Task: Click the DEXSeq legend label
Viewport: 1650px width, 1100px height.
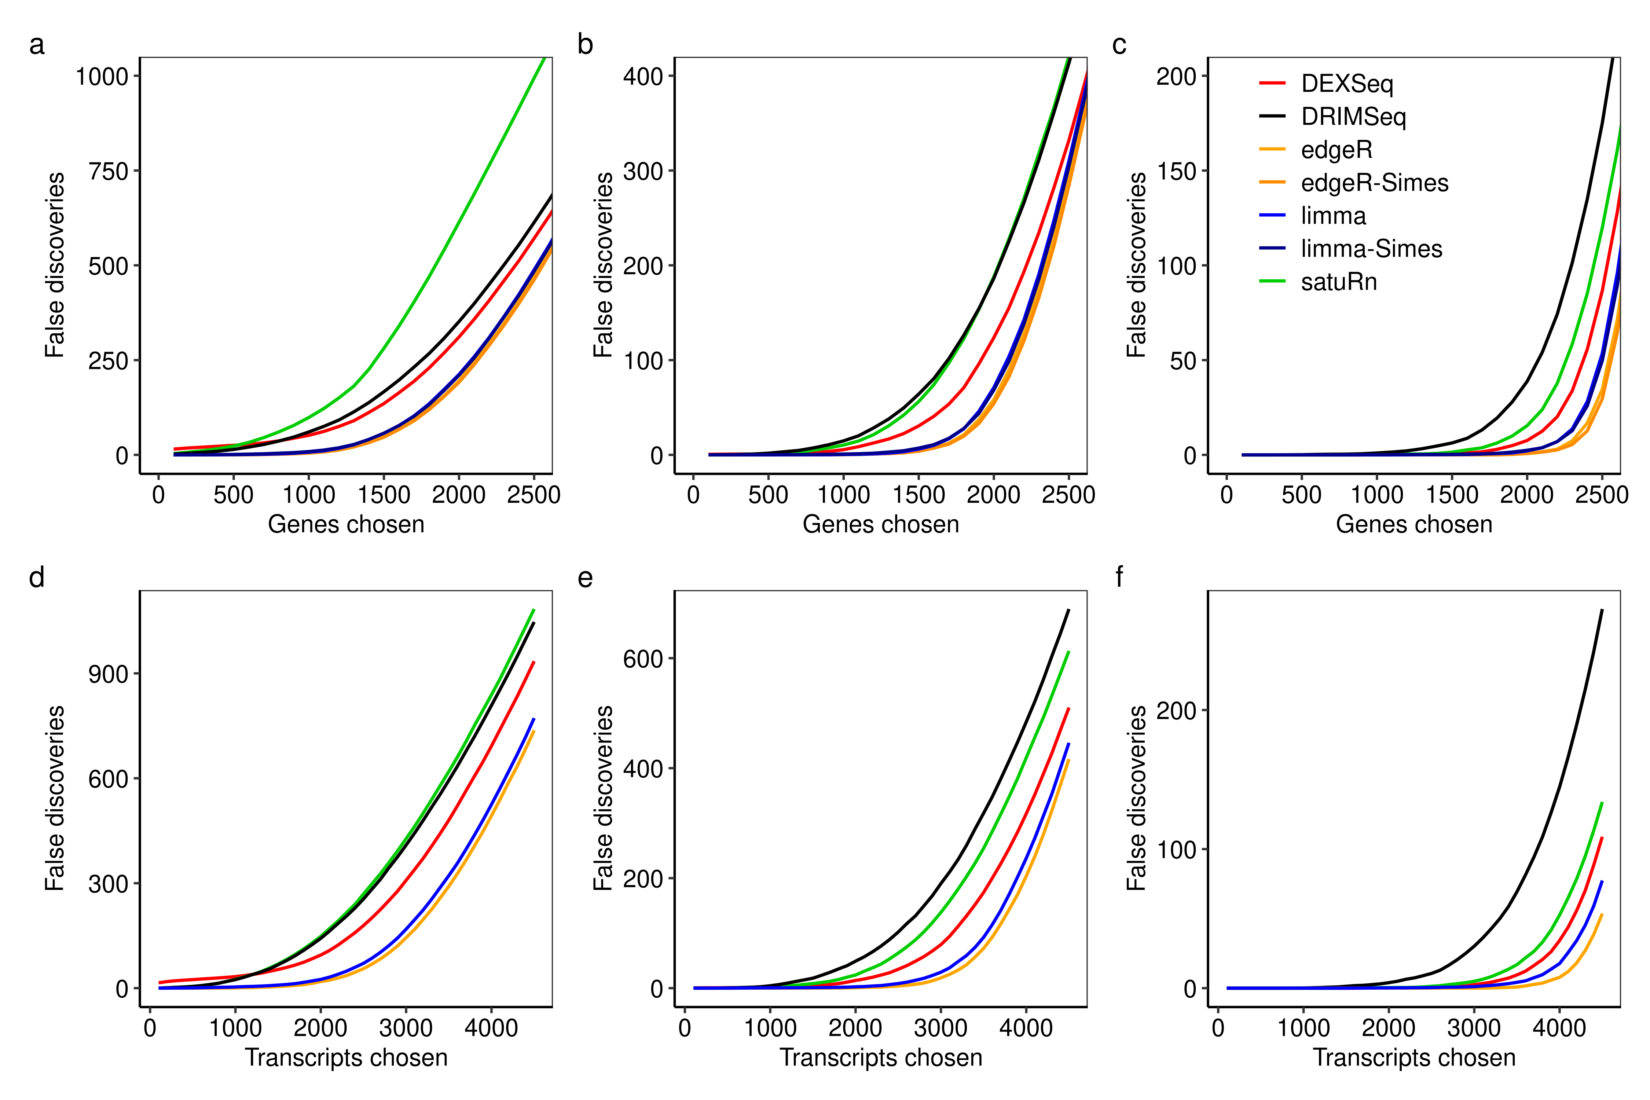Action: coord(1346,84)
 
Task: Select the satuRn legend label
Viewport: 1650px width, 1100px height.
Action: coord(1339,282)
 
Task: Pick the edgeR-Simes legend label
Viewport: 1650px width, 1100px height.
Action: coord(1374,183)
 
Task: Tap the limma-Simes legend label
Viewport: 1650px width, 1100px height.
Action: coord(1371,249)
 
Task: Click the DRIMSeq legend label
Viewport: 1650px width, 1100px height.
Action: coord(1353,117)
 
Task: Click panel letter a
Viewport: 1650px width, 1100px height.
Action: coord(36,45)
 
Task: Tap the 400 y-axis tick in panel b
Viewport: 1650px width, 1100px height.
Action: coord(643,77)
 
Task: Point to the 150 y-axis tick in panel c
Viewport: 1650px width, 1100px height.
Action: coord(1177,171)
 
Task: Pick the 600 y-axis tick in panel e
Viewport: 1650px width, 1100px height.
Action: coord(643,659)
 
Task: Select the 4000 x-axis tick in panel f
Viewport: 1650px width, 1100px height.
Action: coord(1559,1028)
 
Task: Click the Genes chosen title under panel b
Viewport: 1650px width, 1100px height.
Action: coord(880,525)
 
